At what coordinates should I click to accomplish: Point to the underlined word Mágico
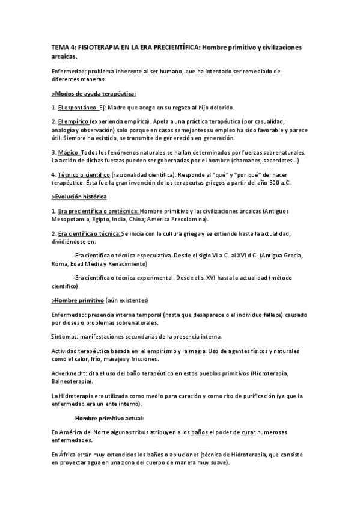[x=69, y=153]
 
